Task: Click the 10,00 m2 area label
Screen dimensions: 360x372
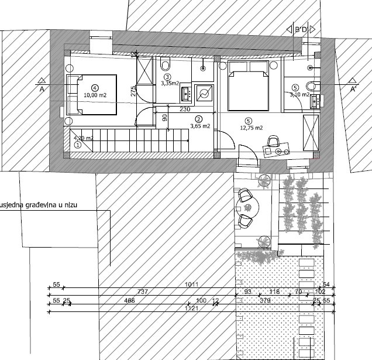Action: coord(94,94)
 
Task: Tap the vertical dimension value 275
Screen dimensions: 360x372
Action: coord(134,91)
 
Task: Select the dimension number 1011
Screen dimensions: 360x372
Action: coord(192,284)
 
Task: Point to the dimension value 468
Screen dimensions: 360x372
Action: coord(129,300)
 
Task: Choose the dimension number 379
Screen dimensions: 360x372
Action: coord(264,300)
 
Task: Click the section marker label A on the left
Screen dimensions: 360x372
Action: coord(42,90)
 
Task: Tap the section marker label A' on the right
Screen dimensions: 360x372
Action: coord(353,90)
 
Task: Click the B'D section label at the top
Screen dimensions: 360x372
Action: coord(301,29)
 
